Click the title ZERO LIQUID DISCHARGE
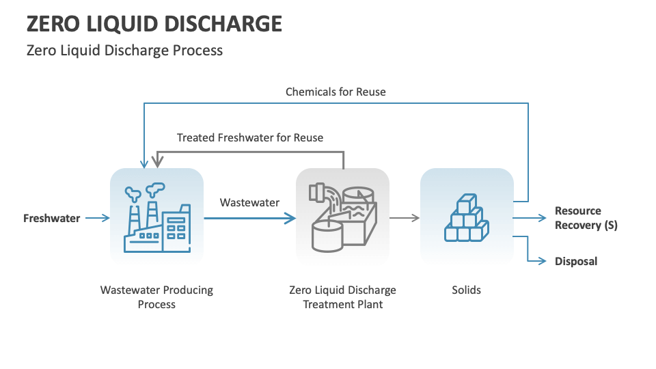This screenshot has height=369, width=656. point(154,24)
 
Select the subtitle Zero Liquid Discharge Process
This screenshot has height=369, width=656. point(124,50)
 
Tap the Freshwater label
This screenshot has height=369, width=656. point(52,219)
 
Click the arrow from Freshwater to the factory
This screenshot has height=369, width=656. point(96,219)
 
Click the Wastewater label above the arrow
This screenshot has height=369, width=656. point(249,202)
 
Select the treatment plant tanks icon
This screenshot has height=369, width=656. point(342,216)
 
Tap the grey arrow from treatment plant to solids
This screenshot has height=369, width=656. point(405,219)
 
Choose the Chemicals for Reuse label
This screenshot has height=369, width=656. point(336,92)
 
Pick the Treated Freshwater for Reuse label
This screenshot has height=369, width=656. point(250,137)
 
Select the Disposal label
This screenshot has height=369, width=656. point(575,261)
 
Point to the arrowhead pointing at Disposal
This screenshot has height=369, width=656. point(543,261)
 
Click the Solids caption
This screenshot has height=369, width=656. point(467,290)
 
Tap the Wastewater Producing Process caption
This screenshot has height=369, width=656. point(156,297)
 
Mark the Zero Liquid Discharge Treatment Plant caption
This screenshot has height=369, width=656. point(342,297)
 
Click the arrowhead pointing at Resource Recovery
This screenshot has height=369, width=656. point(543,219)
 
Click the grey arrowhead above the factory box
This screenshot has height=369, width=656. point(158,163)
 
